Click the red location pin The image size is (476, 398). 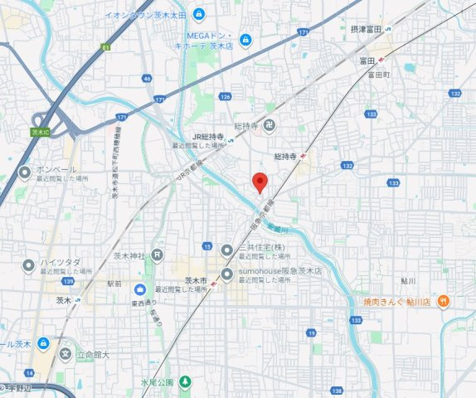[x=260, y=181]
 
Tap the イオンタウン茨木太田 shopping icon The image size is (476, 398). [x=199, y=13]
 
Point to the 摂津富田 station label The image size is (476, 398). [x=366, y=29]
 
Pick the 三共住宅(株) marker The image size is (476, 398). [x=228, y=248]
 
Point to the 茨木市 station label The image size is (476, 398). [x=196, y=282]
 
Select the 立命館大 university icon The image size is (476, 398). [x=66, y=354]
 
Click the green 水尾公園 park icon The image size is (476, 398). [x=184, y=382]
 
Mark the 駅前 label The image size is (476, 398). [x=114, y=284]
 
